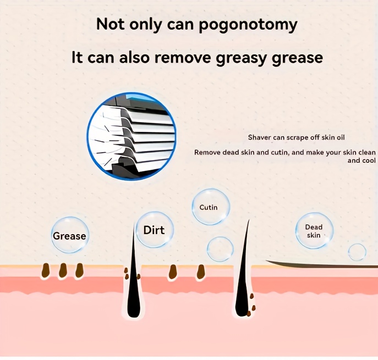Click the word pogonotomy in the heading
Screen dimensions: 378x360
[248, 25]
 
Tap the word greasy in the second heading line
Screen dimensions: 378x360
[242, 58]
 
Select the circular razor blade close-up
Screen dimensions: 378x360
[132, 136]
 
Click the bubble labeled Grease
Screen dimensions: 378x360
[69, 235]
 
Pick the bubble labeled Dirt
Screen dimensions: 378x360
[155, 230]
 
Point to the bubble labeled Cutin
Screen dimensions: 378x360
[211, 207]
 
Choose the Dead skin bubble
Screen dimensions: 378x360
[314, 231]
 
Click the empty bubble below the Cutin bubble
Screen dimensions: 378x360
[220, 249]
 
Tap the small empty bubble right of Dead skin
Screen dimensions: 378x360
[357, 252]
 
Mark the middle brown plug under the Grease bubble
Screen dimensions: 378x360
[63, 270]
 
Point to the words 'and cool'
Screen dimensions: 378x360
[361, 160]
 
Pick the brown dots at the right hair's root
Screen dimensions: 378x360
[251, 305]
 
